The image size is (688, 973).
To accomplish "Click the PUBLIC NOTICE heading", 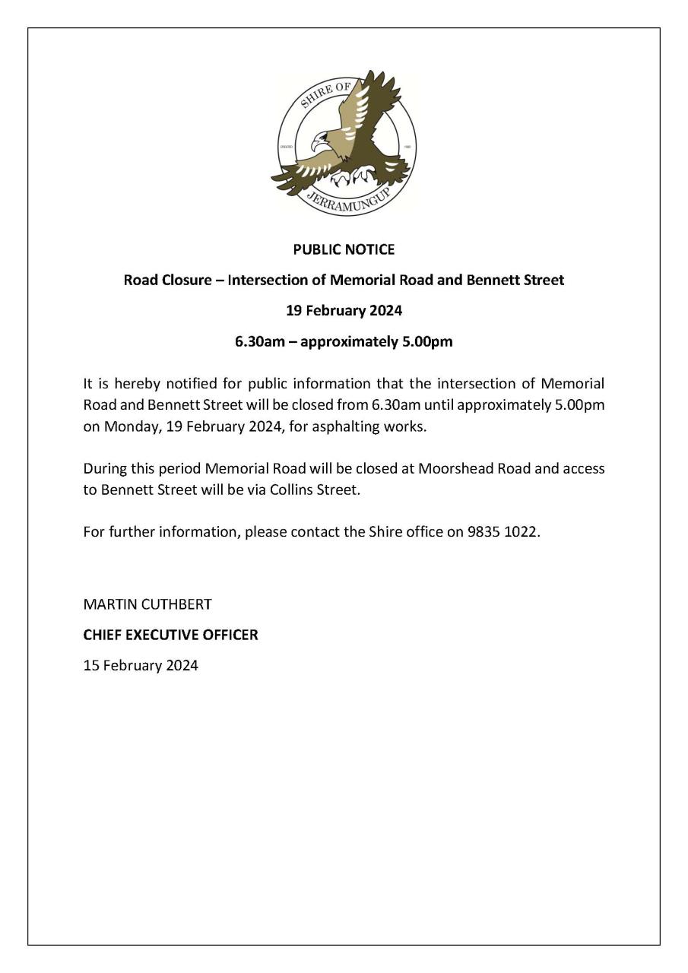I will click(x=344, y=249).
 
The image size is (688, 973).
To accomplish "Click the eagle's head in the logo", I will click(x=321, y=141).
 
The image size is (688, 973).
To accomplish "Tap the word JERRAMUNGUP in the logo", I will click(x=347, y=202).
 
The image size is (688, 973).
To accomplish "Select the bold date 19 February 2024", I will click(x=344, y=310).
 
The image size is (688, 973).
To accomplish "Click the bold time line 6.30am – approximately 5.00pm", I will click(x=344, y=341).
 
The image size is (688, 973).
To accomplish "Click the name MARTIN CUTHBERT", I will click(x=147, y=604).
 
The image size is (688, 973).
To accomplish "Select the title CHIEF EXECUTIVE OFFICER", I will click(x=170, y=635).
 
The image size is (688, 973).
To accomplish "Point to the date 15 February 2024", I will click(x=141, y=665).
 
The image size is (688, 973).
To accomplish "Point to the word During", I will click(x=104, y=468).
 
